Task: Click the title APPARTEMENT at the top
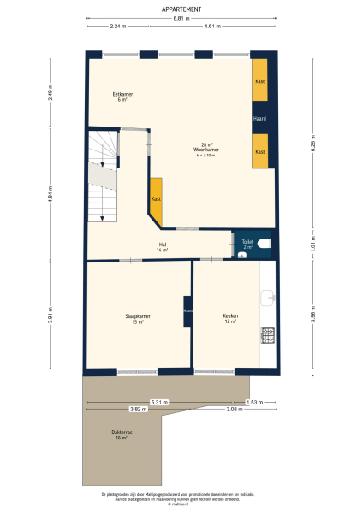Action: (x=181, y=9)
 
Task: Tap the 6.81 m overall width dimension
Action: (x=181, y=18)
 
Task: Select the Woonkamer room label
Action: (x=205, y=149)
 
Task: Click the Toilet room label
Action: (x=247, y=244)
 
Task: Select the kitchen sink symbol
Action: (x=267, y=297)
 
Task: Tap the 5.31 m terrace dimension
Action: (x=159, y=401)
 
